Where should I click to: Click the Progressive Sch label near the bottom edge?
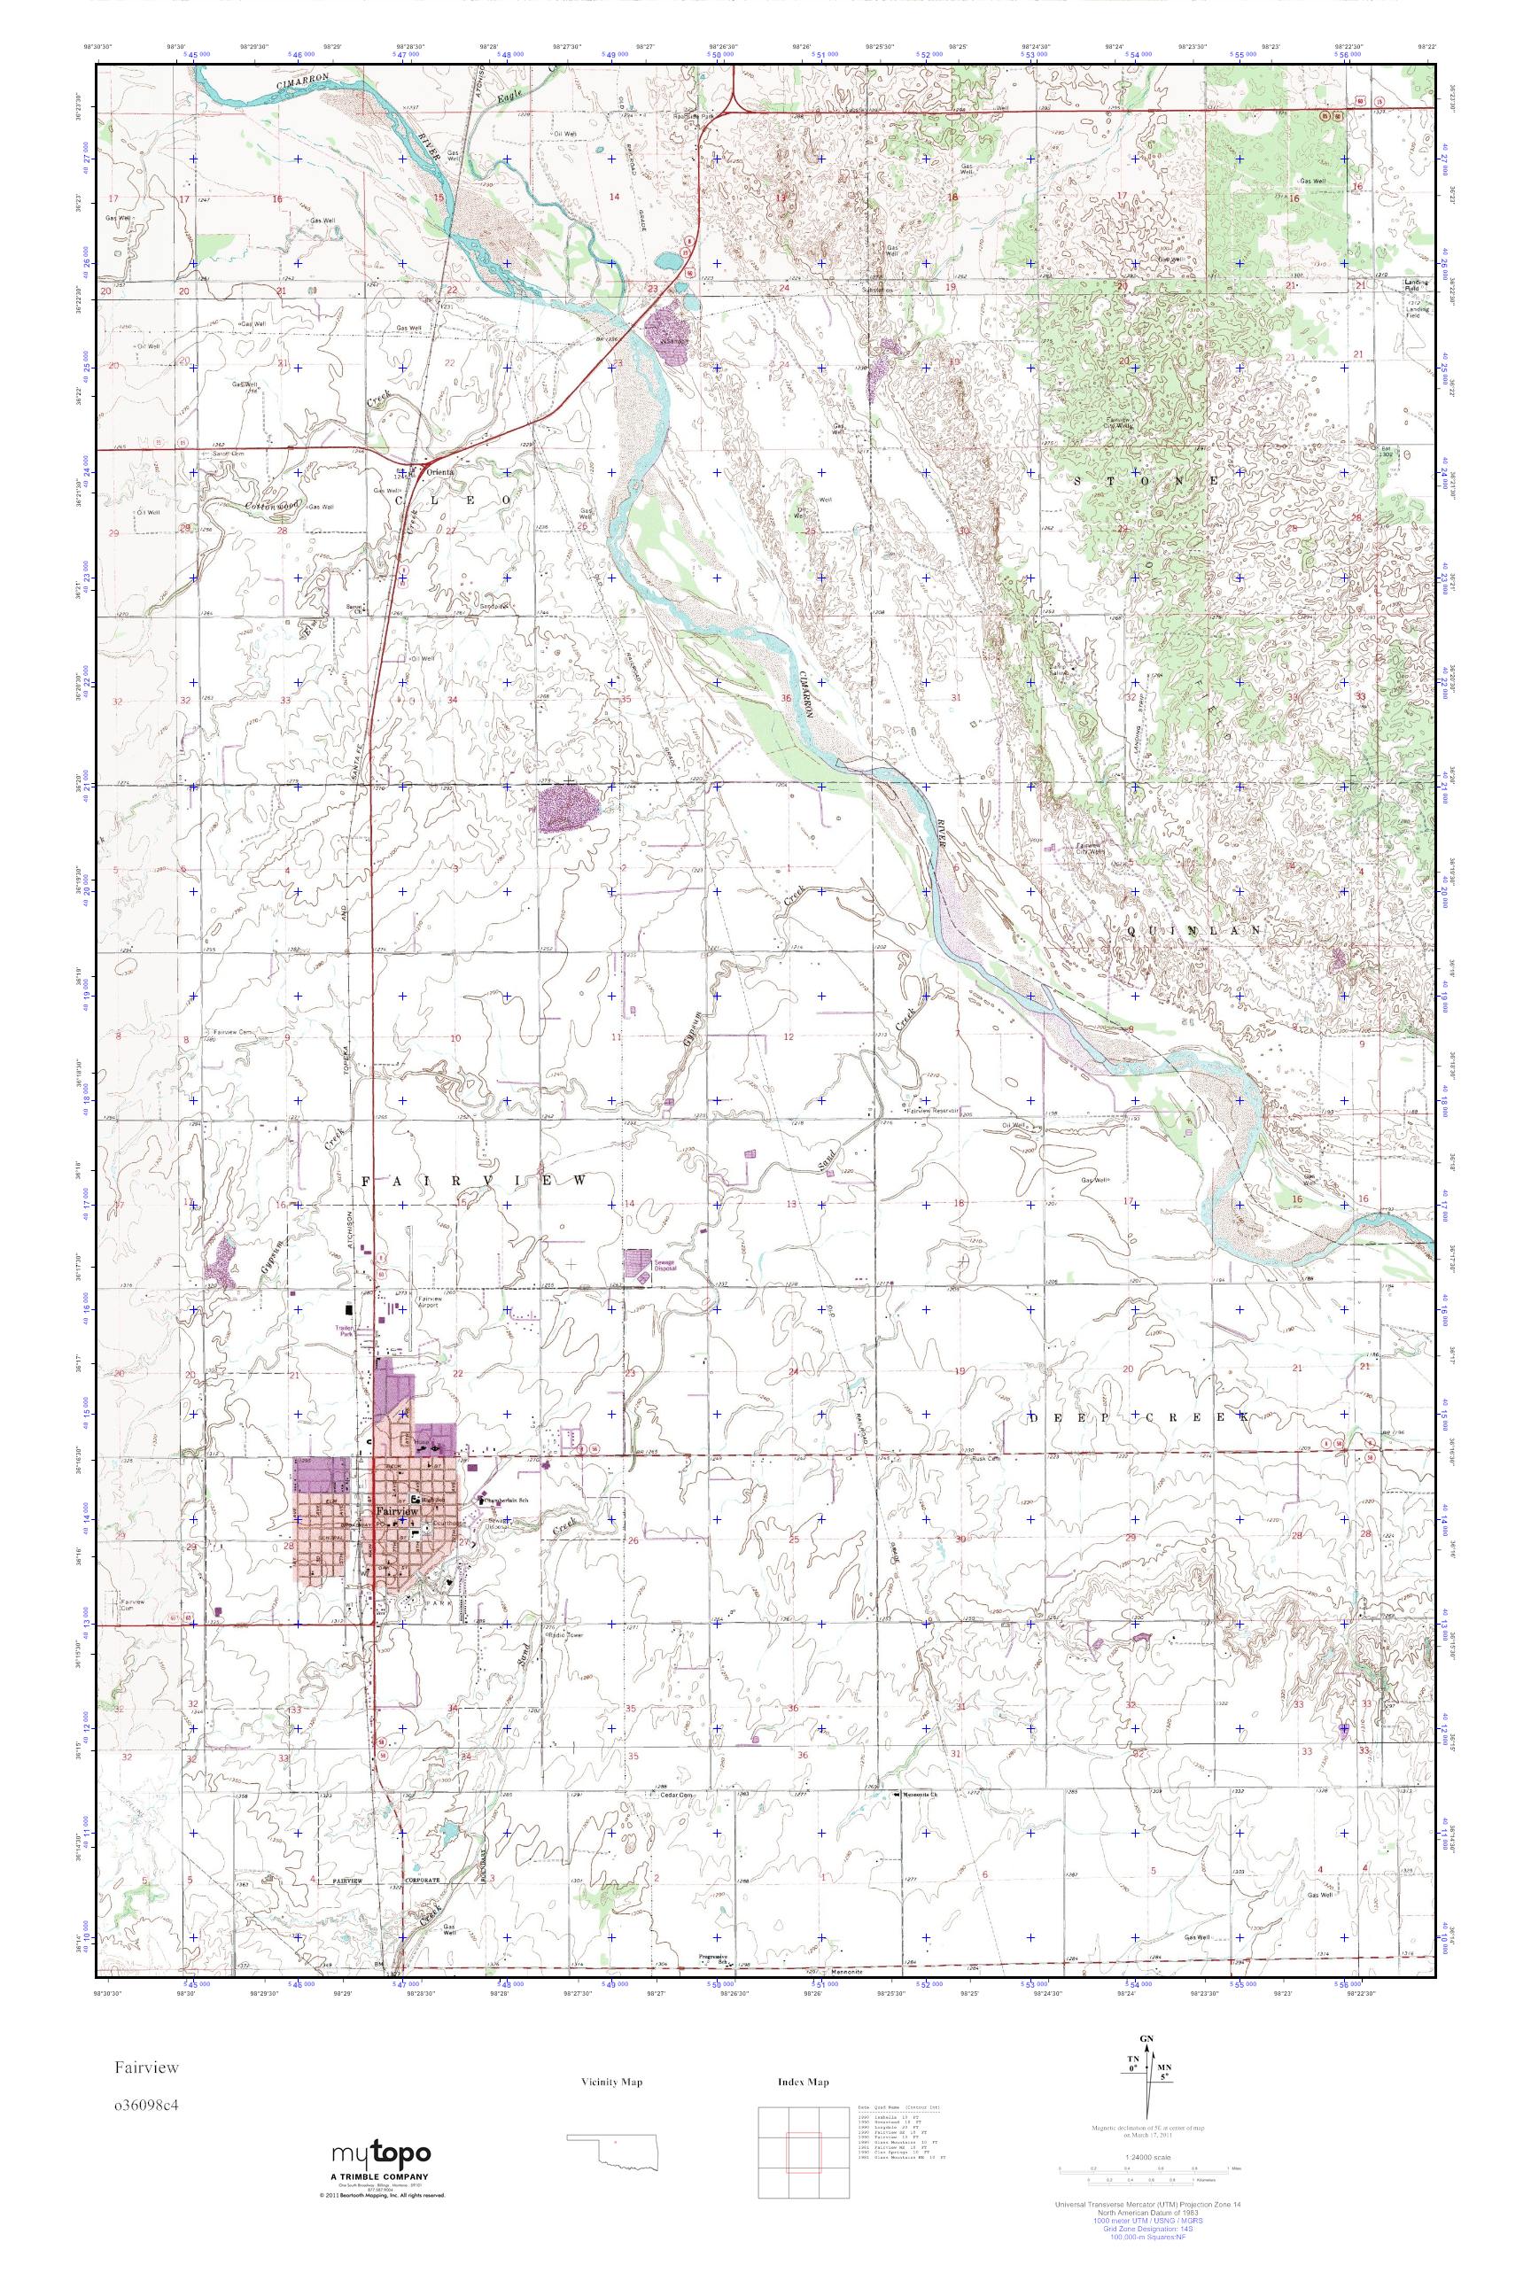716,1959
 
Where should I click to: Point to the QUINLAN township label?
1193,931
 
